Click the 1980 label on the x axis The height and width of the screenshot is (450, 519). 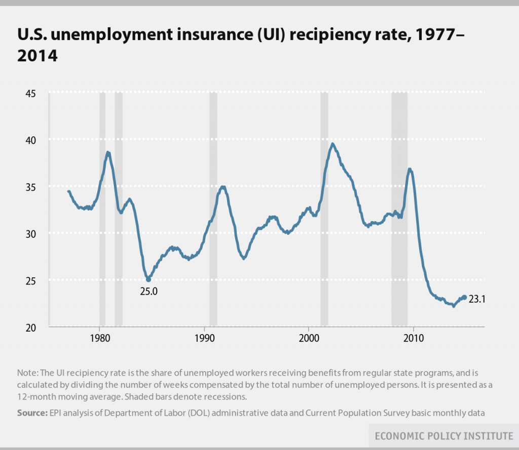(99, 338)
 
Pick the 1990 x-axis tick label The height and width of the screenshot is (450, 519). (204, 338)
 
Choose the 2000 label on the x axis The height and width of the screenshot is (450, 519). (309, 338)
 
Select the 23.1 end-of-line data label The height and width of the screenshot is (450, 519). (477, 299)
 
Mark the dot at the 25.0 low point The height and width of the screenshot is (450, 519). (149, 279)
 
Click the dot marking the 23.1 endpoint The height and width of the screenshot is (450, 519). (464, 298)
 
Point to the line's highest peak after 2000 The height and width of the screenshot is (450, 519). (332, 144)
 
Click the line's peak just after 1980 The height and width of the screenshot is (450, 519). (108, 152)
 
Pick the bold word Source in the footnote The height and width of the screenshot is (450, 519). (31, 413)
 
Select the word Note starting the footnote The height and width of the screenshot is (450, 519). (26, 373)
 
